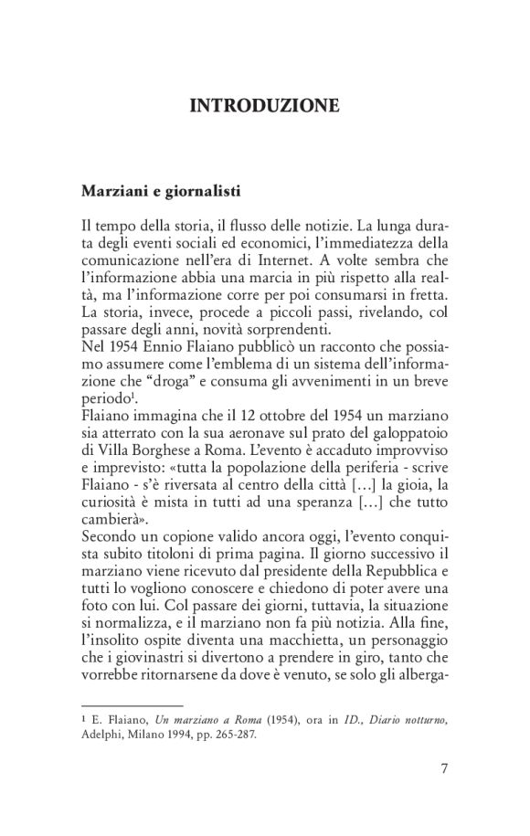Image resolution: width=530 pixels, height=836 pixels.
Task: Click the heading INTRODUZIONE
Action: coord(264,107)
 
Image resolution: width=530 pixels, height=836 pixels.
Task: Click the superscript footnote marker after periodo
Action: coord(138,402)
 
